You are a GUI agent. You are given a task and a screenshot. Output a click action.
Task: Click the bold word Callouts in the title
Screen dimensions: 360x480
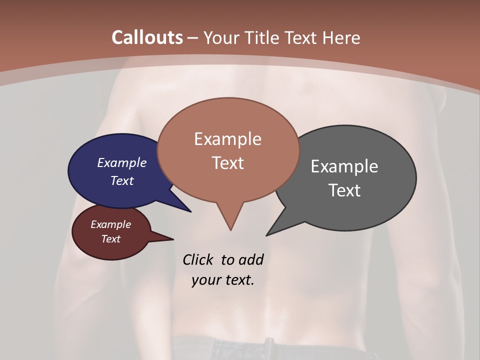[147, 37]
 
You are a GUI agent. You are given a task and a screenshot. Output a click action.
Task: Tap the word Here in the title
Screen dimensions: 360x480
[341, 37]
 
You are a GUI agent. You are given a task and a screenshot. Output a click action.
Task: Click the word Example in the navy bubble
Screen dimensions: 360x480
[121, 162]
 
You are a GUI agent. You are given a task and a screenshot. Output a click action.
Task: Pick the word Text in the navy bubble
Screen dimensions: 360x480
[121, 180]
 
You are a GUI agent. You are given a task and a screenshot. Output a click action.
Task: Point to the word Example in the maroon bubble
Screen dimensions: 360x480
[110, 224]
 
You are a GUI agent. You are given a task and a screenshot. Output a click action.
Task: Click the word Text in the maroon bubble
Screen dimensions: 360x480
[110, 239]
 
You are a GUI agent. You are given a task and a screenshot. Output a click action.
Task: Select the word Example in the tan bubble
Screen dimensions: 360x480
[227, 138]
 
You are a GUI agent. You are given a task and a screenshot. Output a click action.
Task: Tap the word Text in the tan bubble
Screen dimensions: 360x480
[227, 162]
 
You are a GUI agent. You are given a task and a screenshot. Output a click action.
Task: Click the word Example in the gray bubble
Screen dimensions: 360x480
[344, 166]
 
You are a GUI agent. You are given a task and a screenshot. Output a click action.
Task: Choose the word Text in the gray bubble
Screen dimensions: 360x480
[344, 190]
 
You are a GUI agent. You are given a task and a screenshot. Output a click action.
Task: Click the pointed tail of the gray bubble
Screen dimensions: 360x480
[267, 234]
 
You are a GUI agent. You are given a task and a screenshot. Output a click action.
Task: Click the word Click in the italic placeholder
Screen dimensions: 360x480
[198, 259]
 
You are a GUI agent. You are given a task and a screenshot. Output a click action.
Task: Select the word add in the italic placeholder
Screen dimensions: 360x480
[250, 259]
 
